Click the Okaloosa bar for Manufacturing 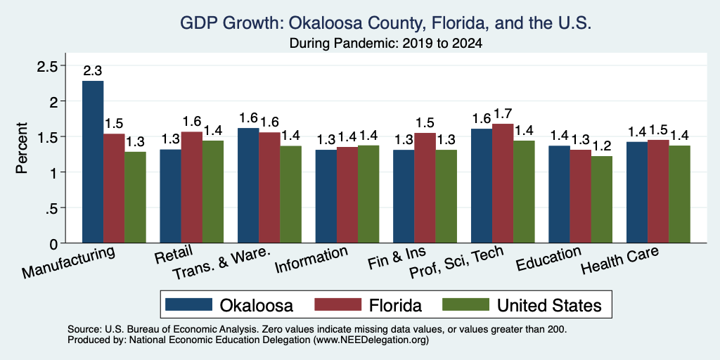tap(93, 162)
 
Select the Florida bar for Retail tap(191, 187)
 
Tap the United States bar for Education tap(602, 199)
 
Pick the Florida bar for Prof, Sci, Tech tap(503, 184)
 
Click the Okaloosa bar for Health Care tap(637, 193)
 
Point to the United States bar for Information tap(368, 194)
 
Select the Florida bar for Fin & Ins tap(425, 188)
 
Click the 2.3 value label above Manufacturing tap(92, 71)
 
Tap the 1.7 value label tap(503, 114)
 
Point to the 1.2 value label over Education tap(602, 146)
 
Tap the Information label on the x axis tap(311, 259)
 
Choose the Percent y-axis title tap(22, 148)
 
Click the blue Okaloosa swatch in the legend tap(188, 304)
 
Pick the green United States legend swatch tap(465, 304)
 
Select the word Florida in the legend tap(395, 305)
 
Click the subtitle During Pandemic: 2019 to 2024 tap(386, 44)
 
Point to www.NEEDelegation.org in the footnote tap(371, 340)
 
